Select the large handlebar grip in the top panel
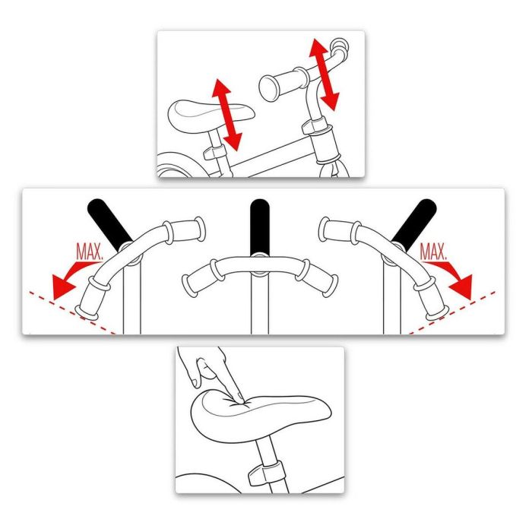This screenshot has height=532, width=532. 281,82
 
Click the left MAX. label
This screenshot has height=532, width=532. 90,250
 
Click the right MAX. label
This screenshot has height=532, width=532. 434,250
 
